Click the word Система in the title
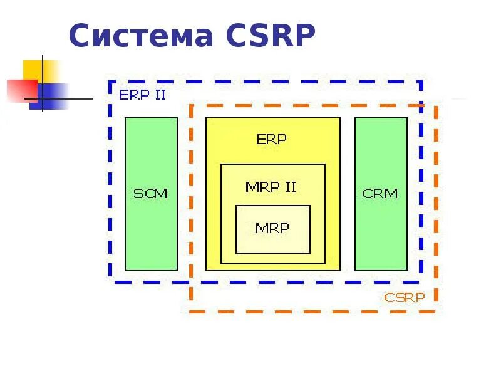(142, 36)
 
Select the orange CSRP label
(405, 297)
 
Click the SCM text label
(151, 193)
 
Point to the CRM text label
(380, 193)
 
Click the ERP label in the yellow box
(272, 139)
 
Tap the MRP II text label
(271, 187)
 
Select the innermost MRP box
(272, 229)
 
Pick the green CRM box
(381, 232)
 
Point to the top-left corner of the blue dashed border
(110, 82)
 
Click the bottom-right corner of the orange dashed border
(436, 311)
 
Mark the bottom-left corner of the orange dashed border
(190, 311)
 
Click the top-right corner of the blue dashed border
(421, 82)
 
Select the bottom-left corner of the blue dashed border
(110, 280)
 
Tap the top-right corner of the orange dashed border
(436, 105)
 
